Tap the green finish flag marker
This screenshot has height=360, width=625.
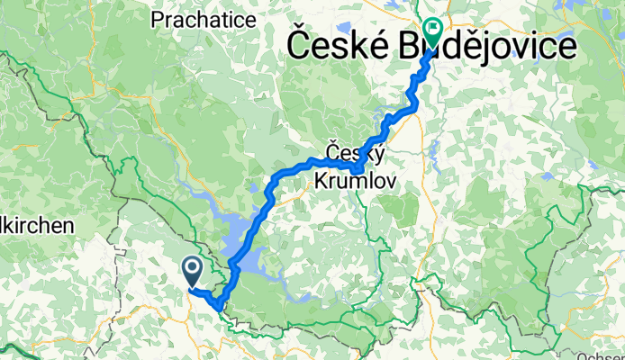click(x=432, y=33)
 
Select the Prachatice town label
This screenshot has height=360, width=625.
click(x=200, y=19)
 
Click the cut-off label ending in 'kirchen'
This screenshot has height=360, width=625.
click(x=36, y=227)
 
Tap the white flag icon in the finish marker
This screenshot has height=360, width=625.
click(x=432, y=30)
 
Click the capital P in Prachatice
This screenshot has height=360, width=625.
click(x=158, y=19)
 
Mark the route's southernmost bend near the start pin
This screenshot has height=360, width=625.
click(x=219, y=311)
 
